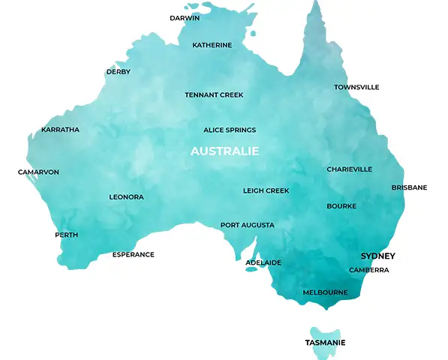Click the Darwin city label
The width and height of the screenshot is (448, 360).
184,17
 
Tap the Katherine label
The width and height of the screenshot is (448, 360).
212,45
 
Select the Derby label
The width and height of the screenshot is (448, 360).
118,72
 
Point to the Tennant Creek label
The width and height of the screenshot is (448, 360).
214,95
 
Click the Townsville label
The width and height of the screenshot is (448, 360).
356,88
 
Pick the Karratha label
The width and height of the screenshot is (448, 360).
60,130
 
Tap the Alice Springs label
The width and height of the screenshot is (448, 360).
230,130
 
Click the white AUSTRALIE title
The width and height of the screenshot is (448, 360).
224,151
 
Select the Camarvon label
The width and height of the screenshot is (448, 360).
38,172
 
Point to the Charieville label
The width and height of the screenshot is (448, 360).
349,169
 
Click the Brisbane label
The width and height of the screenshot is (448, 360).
409,187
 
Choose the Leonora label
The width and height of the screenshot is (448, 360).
126,197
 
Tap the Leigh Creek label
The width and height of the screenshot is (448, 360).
266,191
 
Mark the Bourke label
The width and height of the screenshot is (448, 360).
341,206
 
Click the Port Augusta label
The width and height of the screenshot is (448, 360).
247,225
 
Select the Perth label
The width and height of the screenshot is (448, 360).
66,235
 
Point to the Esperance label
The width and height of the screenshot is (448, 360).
133,255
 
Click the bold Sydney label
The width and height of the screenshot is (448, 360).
377,256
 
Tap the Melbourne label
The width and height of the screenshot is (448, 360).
325,292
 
